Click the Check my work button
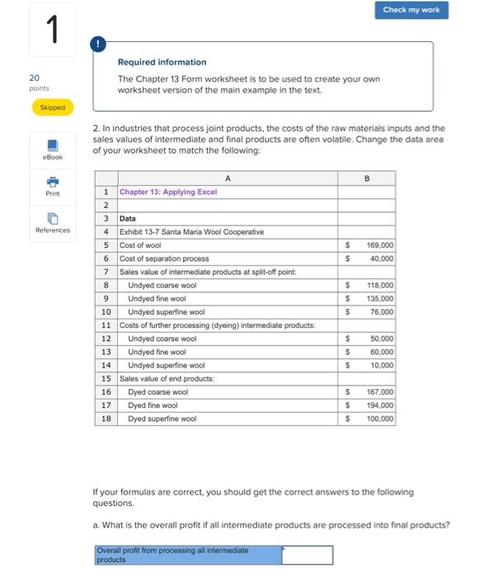pos(412,10)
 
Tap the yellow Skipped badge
pos(51,107)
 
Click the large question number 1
pos(51,31)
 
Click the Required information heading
pos(162,62)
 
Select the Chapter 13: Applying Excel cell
pos(168,192)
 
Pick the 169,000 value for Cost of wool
pos(380,245)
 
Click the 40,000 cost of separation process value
pos(382,258)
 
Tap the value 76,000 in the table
pos(382,312)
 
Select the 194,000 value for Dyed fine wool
pos(380,405)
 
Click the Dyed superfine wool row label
pos(162,419)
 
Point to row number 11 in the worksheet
pos(106,325)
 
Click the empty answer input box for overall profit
pos(307,555)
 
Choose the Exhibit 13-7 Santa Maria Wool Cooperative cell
pos(191,232)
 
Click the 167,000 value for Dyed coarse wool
pos(380,392)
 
